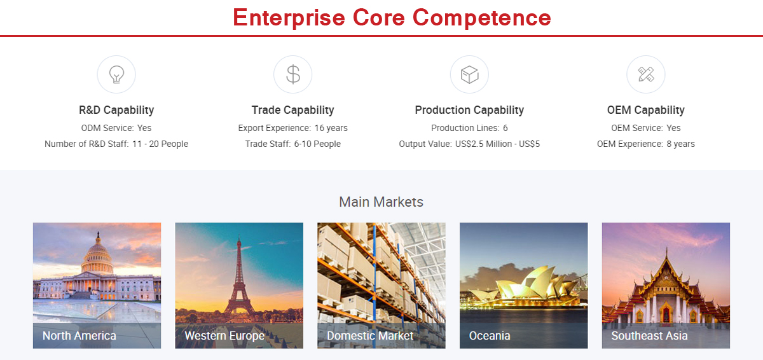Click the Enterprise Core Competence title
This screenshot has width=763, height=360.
(392, 18)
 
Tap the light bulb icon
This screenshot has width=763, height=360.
(116, 74)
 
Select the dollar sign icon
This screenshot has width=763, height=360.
(293, 74)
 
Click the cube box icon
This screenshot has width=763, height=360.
(469, 74)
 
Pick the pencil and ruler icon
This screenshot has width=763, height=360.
(646, 74)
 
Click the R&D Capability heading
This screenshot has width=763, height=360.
(116, 110)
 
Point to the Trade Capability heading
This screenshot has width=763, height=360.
(293, 110)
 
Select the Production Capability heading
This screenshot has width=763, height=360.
(469, 110)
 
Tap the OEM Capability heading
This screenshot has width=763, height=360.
(646, 110)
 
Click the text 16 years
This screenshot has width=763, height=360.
(331, 128)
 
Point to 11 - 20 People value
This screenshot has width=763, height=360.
(160, 144)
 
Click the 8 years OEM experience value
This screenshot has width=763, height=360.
(680, 144)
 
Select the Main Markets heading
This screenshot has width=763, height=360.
(381, 202)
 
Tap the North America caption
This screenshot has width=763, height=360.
(79, 336)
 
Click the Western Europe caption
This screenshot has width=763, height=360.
(224, 336)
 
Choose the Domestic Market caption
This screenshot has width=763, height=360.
(370, 336)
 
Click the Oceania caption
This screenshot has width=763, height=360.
(490, 336)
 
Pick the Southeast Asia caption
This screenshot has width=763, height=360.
(649, 336)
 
